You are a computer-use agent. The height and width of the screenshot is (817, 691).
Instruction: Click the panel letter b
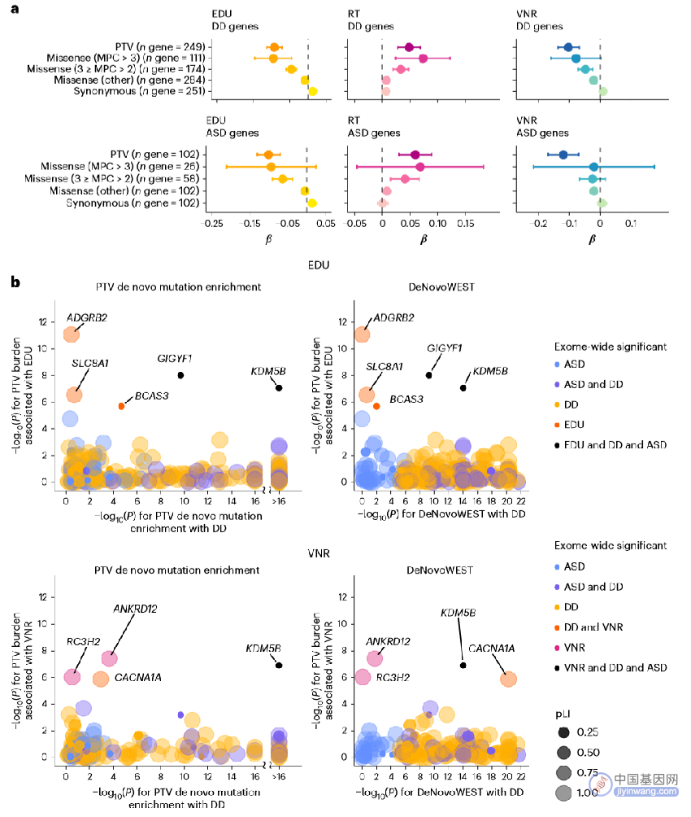(15, 282)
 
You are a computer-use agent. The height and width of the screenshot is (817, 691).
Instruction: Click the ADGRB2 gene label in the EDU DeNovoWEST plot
(393, 317)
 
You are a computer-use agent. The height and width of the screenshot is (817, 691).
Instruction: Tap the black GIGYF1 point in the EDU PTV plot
(180, 375)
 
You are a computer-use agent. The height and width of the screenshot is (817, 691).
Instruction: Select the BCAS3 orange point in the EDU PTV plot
(121, 406)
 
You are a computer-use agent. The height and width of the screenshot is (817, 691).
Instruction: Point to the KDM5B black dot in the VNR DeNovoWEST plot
(463, 665)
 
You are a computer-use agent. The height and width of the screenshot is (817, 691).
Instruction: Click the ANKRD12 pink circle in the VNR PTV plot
(109, 658)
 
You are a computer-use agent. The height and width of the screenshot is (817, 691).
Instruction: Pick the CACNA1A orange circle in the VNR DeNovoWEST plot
(508, 679)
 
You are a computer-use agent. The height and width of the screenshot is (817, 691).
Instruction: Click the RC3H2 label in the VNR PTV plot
(83, 641)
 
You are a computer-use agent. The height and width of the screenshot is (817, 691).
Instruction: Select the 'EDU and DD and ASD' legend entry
(611, 444)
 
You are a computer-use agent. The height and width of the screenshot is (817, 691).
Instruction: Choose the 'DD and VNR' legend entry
(589, 627)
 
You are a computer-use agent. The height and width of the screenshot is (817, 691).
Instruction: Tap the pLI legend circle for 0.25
(563, 732)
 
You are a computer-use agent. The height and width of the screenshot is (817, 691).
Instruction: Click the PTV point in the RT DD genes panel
(409, 47)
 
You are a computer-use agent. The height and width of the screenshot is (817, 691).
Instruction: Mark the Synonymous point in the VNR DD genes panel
(603, 91)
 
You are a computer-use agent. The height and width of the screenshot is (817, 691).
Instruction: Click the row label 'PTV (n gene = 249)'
(160, 47)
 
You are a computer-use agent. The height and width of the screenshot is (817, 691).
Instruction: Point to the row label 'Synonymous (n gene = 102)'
(133, 203)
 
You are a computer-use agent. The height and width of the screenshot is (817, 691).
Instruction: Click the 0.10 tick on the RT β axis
(437, 224)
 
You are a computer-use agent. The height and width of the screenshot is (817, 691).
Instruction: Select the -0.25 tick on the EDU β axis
(212, 224)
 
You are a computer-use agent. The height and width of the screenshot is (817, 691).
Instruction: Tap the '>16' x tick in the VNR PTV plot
(279, 776)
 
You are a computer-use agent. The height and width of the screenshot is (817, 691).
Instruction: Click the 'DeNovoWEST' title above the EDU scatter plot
(441, 286)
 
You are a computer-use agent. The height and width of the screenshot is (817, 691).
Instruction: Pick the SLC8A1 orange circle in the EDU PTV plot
(75, 395)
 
